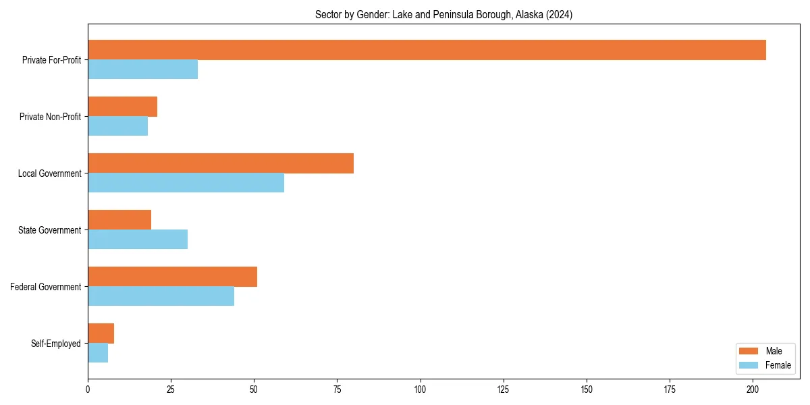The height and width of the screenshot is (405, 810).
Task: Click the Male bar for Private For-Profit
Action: point(427,50)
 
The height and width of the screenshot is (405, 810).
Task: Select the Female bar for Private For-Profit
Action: point(142,70)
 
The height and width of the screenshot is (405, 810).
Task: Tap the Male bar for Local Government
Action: point(221,163)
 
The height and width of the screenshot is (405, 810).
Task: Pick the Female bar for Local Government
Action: point(186,183)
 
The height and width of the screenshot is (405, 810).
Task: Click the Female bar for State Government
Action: point(138,240)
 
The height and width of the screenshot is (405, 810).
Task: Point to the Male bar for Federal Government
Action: point(172,277)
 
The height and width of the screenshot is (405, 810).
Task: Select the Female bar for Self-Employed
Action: point(98,353)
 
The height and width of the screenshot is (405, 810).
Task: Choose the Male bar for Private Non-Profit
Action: point(122,107)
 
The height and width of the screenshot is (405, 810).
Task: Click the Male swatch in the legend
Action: point(749,351)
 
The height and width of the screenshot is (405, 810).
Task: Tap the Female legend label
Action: point(778,365)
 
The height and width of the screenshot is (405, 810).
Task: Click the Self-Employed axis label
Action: point(56,344)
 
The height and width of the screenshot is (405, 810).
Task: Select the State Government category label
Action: point(50,230)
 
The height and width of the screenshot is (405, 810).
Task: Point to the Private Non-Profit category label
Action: point(50,117)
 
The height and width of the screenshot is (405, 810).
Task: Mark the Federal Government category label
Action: point(46,287)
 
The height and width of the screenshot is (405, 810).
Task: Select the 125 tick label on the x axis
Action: point(503,389)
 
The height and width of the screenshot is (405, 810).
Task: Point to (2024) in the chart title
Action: point(560,15)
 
